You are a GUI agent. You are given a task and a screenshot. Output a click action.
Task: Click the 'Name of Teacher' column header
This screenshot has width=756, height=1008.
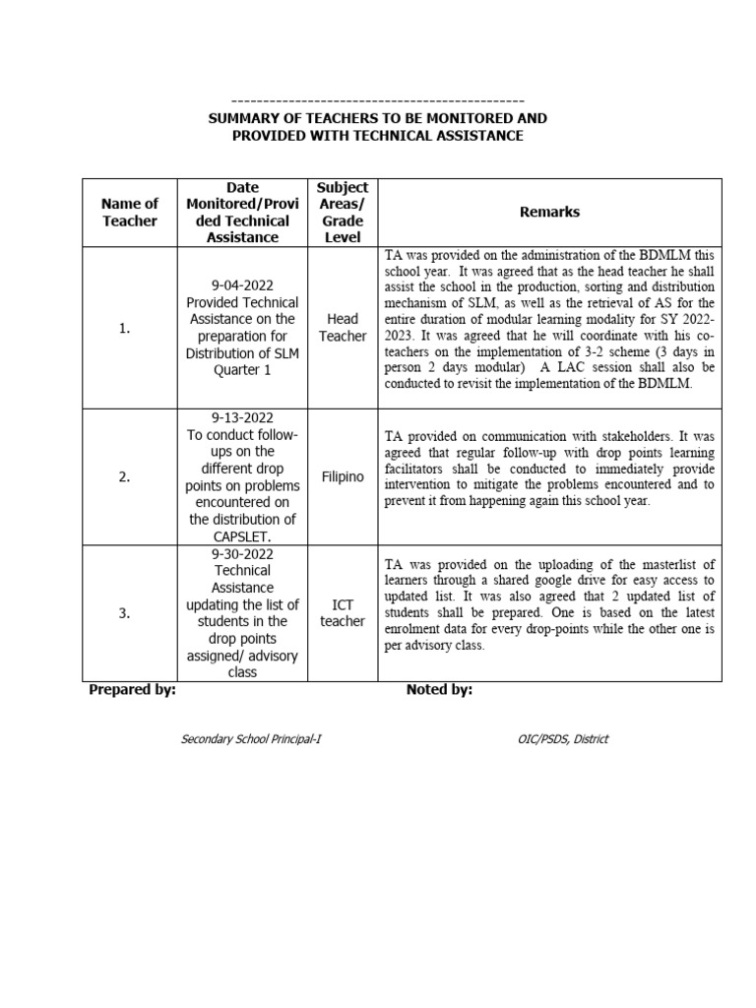click(x=130, y=212)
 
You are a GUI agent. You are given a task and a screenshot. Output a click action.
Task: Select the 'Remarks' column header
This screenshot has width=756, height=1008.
click(x=549, y=212)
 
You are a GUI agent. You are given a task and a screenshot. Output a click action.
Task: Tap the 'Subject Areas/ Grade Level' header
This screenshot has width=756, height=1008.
click(x=342, y=212)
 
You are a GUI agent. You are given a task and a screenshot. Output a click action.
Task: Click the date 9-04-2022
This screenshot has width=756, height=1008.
click(x=242, y=285)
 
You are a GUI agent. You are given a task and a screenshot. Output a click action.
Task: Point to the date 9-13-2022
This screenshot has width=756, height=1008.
click(x=242, y=418)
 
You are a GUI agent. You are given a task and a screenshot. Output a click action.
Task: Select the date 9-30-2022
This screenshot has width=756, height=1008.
click(x=242, y=553)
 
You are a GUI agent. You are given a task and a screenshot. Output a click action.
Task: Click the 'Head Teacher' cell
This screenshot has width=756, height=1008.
click(x=342, y=328)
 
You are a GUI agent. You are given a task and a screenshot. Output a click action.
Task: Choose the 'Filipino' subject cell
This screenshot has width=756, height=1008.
click(x=342, y=477)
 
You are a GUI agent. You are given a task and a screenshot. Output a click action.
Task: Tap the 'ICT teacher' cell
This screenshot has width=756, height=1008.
click(x=342, y=612)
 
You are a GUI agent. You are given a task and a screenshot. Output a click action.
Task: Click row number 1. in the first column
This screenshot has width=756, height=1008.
click(x=124, y=329)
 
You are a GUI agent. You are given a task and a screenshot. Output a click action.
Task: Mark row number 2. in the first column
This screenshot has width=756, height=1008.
click(x=124, y=477)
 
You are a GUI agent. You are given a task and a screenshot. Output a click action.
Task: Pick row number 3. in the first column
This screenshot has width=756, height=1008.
click(x=124, y=613)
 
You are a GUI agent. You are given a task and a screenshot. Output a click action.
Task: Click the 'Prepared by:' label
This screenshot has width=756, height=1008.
click(x=132, y=690)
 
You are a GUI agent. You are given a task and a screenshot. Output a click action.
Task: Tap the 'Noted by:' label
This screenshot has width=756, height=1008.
click(x=439, y=690)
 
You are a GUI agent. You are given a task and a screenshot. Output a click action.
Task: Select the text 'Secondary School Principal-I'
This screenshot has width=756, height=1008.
click(x=251, y=739)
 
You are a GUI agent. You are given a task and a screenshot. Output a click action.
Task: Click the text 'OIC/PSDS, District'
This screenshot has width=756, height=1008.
click(x=554, y=739)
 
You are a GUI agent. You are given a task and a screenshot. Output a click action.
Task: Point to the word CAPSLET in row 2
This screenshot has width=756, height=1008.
click(x=242, y=536)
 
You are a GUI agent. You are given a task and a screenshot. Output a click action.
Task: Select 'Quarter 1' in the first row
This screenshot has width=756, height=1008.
click(x=242, y=370)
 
